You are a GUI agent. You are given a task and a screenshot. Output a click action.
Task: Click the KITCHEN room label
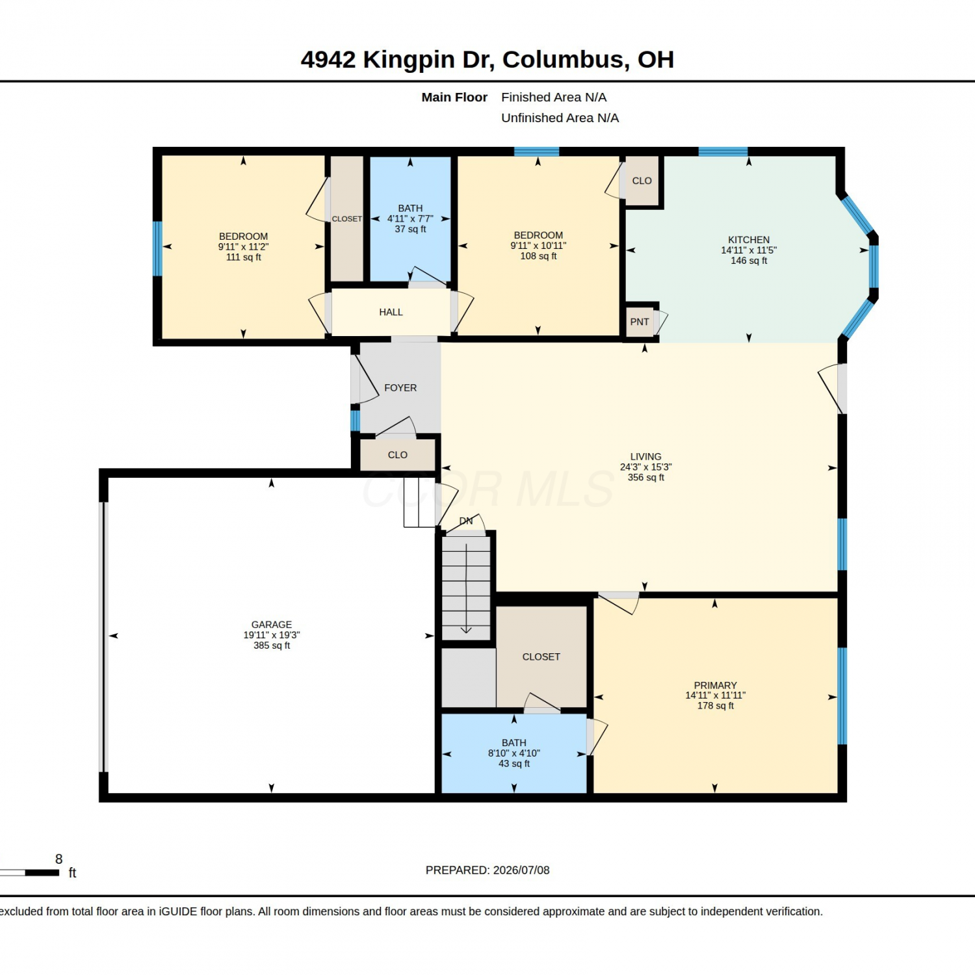point(749,240)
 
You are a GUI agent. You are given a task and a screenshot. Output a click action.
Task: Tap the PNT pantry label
point(640,322)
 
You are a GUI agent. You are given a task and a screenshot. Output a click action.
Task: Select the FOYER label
point(400,388)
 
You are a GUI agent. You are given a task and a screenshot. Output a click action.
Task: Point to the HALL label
point(391,312)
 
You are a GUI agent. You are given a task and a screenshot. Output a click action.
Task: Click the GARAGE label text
point(272,625)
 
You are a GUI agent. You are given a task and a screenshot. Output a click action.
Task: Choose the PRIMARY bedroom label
point(715,685)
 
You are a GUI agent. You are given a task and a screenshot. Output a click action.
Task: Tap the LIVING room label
point(645,457)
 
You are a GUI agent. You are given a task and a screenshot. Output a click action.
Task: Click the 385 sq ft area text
point(272,645)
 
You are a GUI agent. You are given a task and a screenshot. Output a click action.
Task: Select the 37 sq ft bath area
point(410,229)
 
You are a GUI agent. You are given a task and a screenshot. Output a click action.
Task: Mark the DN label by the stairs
point(466,521)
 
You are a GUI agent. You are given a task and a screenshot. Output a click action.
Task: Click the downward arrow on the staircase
point(466,588)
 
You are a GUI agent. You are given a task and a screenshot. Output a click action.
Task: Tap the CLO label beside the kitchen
point(642,181)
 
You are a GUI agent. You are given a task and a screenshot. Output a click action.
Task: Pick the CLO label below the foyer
point(398,455)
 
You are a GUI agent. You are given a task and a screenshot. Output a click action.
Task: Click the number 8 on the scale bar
point(59,859)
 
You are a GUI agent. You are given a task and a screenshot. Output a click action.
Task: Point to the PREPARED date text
point(487,870)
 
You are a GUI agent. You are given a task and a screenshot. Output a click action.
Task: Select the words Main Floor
point(454,97)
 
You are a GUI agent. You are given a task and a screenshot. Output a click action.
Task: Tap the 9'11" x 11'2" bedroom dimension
point(243,247)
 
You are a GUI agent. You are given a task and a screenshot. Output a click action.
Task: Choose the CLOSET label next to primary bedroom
point(541,657)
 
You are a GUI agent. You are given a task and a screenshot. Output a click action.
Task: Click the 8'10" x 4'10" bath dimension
point(514,753)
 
